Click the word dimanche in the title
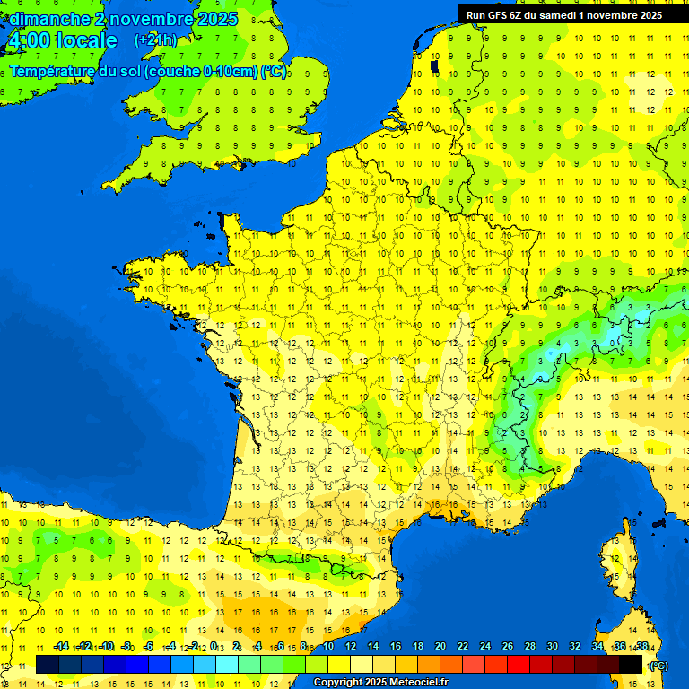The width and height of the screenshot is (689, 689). pos(48,19)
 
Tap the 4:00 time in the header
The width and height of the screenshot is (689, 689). pos(28,40)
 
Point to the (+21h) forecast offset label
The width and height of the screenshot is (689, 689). pos(155,40)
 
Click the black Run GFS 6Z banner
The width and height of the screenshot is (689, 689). pos(563,14)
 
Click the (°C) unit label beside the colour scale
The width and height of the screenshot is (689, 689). pos(658,665)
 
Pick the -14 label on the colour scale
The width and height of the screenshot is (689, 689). pos(61,647)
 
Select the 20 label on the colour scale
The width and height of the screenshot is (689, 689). pos(440,647)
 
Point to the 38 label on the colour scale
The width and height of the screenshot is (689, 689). pos(642,647)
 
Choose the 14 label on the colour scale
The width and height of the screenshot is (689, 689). pos(373,647)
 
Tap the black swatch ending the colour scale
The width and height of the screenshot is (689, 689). pos(631,665)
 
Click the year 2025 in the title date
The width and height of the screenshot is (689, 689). pos(216,19)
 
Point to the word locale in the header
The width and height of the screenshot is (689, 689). pos(86,40)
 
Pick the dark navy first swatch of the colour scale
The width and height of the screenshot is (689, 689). pos(48,665)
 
